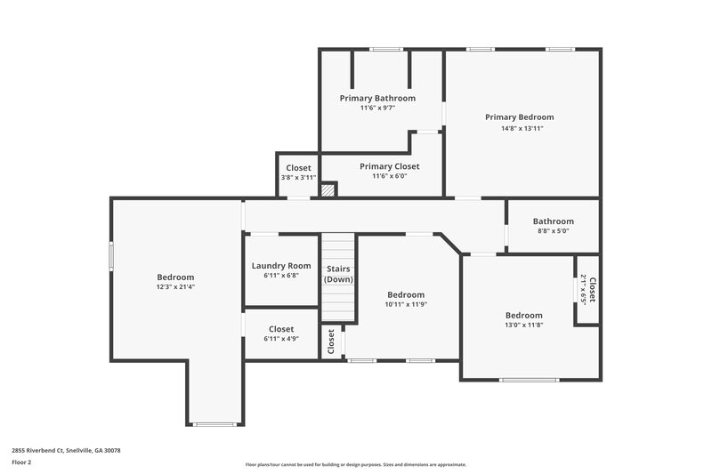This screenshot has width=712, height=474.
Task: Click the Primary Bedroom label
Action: click(x=519, y=116)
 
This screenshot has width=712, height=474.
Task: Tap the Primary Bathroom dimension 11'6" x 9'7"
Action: click(x=377, y=108)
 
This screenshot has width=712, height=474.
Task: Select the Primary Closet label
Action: click(x=389, y=166)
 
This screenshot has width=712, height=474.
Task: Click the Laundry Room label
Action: click(x=281, y=265)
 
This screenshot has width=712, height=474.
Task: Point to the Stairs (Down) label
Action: click(x=337, y=273)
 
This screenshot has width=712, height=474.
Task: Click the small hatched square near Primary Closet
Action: click(x=328, y=189)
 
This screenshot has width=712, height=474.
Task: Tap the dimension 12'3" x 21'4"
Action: click(x=175, y=287)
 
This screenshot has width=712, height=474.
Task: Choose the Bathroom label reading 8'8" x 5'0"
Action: click(x=553, y=221)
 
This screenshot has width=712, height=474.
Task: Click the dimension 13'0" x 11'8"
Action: click(x=523, y=325)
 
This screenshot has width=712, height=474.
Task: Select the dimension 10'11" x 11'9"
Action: click(x=405, y=305)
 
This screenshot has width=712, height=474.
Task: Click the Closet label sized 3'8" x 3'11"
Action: click(x=298, y=168)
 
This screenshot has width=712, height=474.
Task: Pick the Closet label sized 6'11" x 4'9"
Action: click(x=281, y=329)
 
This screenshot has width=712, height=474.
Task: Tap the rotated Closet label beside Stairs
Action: click(x=331, y=341)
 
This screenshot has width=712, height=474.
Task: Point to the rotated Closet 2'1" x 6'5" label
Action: click(x=588, y=289)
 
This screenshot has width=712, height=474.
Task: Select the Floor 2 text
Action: click(x=22, y=462)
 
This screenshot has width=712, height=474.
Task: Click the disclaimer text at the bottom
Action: click(x=355, y=464)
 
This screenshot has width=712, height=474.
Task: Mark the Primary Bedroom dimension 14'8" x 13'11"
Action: click(x=522, y=128)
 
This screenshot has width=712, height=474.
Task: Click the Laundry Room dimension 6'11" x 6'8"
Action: click(x=281, y=276)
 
